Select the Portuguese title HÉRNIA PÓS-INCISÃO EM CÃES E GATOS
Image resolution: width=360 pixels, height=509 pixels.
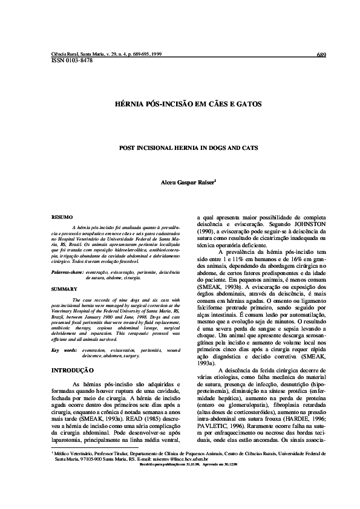[x=180, y=104]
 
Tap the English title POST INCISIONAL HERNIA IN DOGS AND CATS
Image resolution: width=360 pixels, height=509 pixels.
[x=180, y=147]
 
